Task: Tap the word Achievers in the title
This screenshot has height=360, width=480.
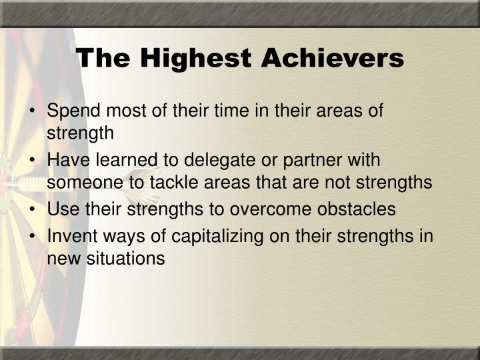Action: (333, 59)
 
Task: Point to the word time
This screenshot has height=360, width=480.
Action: (214, 111)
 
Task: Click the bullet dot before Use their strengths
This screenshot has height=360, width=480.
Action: (33, 209)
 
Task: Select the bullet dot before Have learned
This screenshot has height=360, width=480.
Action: (33, 161)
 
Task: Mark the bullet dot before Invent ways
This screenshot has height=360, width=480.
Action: (33, 237)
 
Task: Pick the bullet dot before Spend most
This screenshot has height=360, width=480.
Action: (33, 111)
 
